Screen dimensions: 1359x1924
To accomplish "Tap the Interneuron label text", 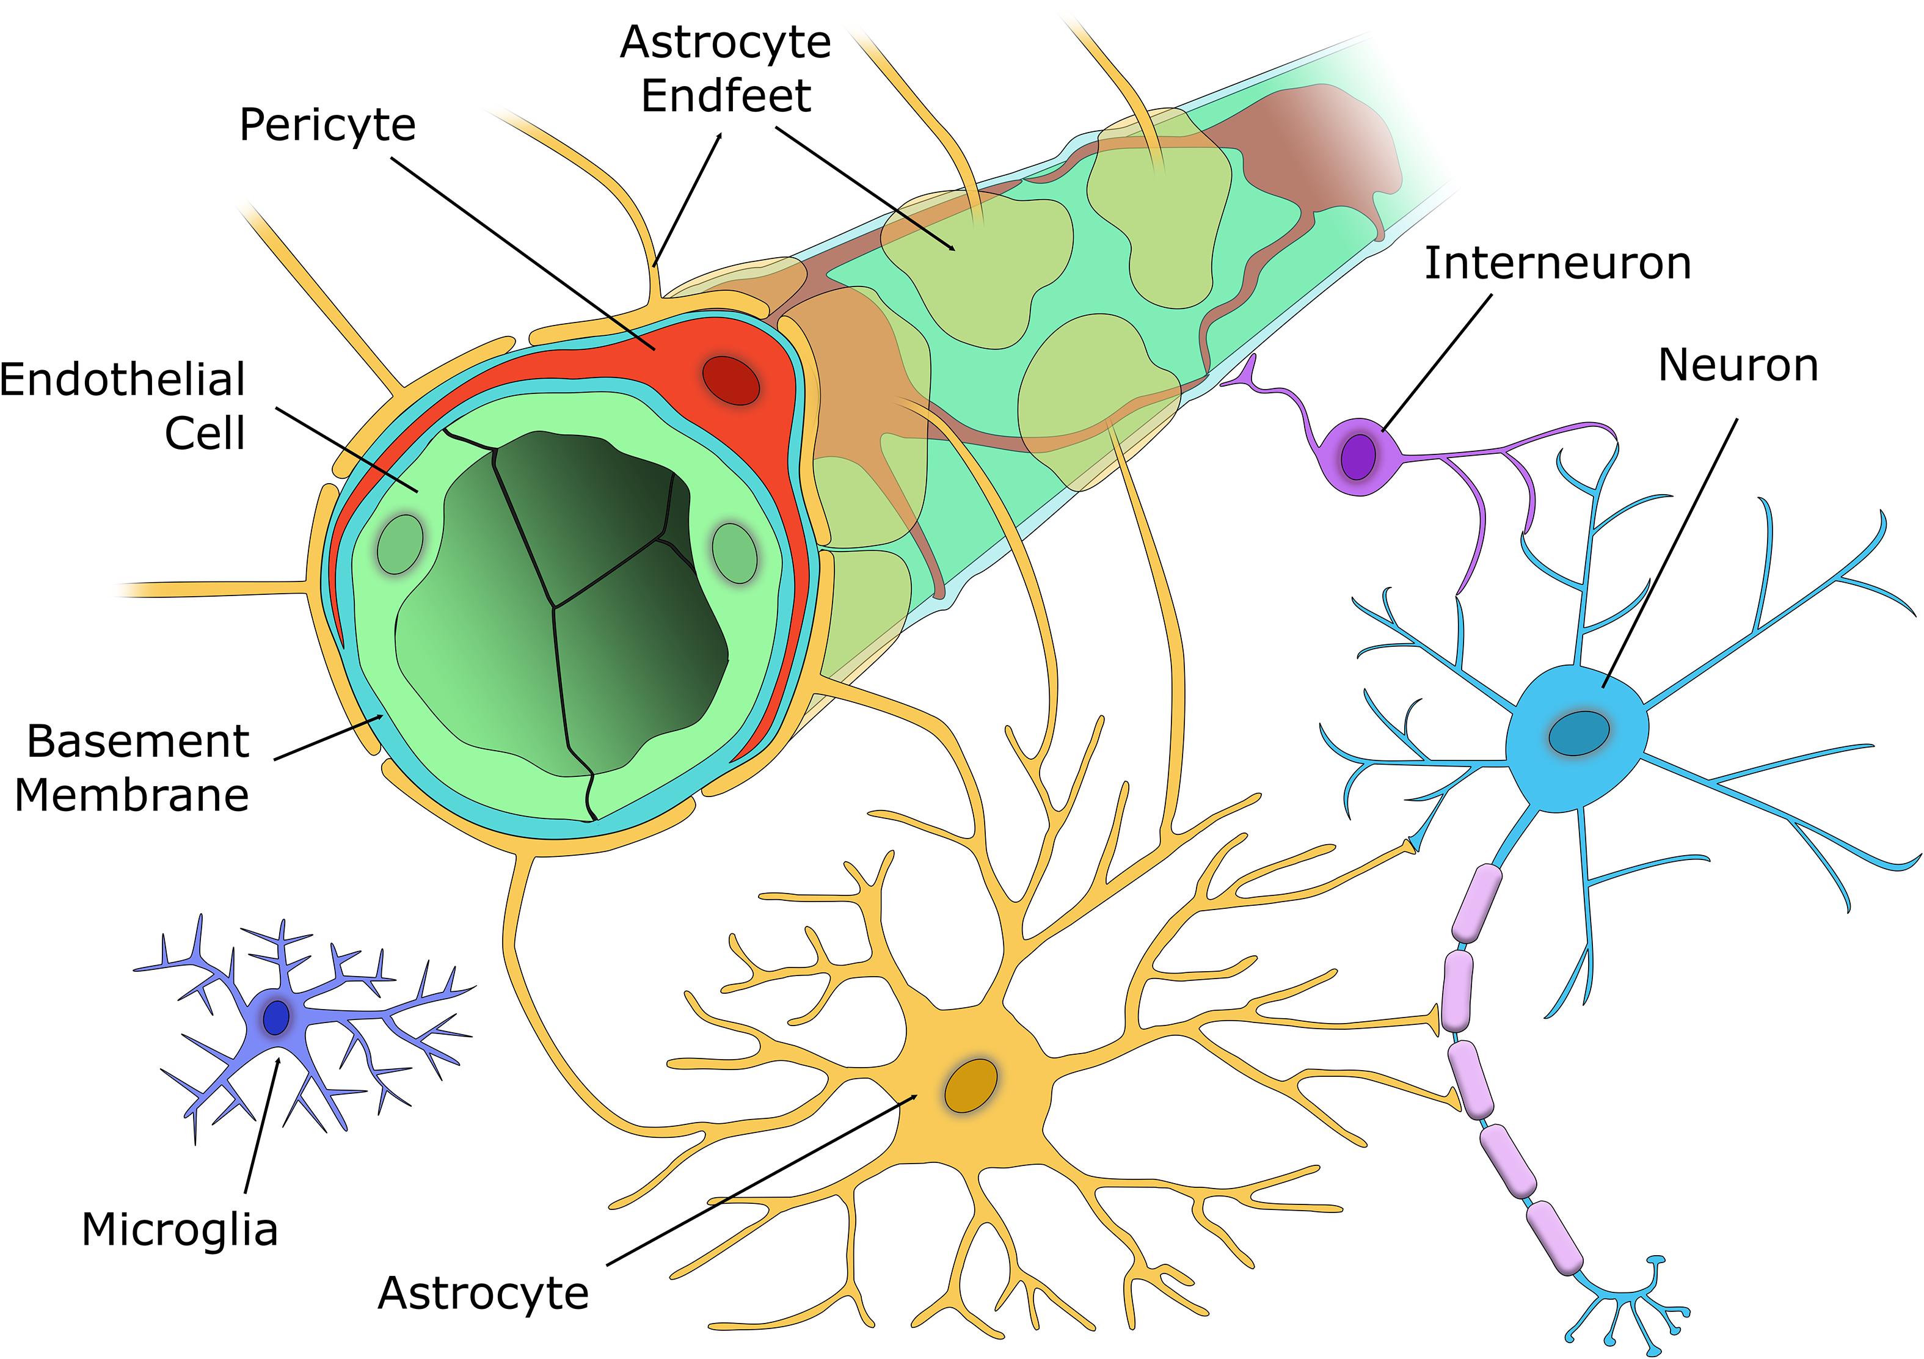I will pyautogui.click(x=1558, y=263).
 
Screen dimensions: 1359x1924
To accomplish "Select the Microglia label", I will pyautogui.click(x=180, y=1230).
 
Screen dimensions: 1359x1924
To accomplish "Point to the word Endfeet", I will pyautogui.click(x=726, y=95).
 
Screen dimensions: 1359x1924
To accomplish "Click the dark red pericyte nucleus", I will pyautogui.click(x=731, y=381).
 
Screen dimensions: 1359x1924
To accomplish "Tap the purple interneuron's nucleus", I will pyautogui.click(x=1358, y=457).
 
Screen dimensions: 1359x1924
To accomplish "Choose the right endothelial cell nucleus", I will pyautogui.click(x=734, y=553).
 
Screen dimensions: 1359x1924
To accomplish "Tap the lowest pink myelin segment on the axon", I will pyautogui.click(x=1554, y=1237).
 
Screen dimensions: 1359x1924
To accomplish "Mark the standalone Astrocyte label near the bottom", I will pyautogui.click(x=484, y=1293).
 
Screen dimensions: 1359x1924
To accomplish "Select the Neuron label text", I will pyautogui.click(x=1738, y=365).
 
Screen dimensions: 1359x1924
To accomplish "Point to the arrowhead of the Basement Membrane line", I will pyautogui.click(x=382, y=715).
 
